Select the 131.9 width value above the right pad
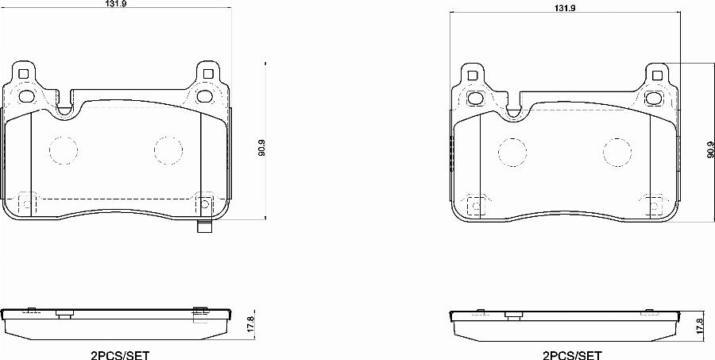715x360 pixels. [564, 7]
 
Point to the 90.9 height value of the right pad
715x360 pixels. [709, 149]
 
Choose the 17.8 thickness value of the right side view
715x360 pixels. [699, 324]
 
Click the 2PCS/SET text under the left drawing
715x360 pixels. [122, 354]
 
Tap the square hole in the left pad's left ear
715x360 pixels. [23, 75]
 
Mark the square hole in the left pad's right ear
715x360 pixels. [208, 75]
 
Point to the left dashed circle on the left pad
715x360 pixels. [63, 149]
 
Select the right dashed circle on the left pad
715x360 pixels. [168, 149]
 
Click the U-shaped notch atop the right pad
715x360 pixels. [512, 109]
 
